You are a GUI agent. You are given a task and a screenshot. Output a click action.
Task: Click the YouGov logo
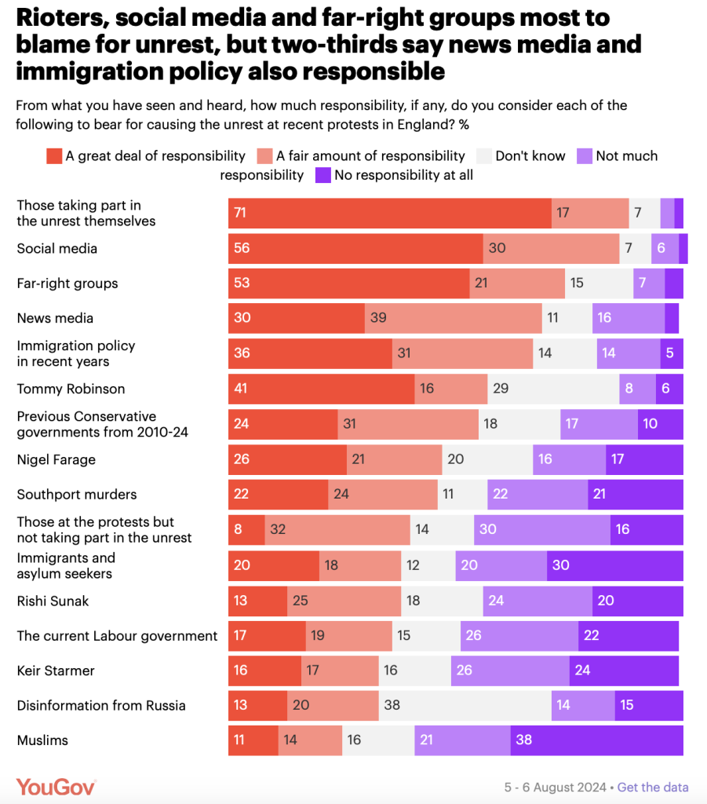pos(56,786)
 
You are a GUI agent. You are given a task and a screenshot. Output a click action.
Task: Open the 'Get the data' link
pos(653,787)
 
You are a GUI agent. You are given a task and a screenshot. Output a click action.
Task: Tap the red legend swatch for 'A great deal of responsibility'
pos(54,155)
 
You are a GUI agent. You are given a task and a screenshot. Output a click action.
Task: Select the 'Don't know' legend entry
pos(530,155)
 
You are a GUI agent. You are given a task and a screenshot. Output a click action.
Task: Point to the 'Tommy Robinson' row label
pos(71,389)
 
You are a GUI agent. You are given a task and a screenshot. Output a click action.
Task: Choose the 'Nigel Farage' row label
pos(56,459)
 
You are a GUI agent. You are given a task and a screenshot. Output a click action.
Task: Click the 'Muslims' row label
pos(42,740)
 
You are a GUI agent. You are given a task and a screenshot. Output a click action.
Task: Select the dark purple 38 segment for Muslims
pos(596,740)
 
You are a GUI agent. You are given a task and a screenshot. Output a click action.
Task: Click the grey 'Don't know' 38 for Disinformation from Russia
pos(465,705)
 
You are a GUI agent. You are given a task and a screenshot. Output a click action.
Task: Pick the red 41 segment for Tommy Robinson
pos(321,389)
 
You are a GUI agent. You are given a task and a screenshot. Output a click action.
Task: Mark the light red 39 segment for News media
pos(453,318)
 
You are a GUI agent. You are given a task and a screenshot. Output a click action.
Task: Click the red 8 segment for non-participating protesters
pos(246,530)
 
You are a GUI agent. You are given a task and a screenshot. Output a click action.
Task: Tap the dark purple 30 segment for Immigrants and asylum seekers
pos(614,565)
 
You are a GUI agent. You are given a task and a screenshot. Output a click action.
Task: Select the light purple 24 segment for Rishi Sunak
pos(537,601)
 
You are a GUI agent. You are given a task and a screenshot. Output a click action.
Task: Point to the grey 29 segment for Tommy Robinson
pos(553,389)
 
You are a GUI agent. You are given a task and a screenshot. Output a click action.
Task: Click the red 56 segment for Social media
pos(355,248)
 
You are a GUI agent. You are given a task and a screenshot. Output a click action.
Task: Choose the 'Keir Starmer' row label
pos(56,671)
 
